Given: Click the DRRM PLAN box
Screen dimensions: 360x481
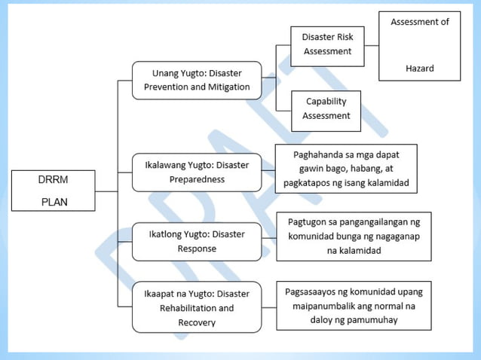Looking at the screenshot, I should point(53,191).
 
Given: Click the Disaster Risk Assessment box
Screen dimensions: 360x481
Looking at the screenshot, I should point(327,44).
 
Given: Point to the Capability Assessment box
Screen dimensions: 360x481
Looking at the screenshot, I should point(326,109).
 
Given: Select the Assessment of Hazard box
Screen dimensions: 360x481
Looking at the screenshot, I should point(419,45).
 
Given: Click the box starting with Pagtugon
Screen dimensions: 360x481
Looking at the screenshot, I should point(354,236).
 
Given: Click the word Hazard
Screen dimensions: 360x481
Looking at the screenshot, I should point(419,68).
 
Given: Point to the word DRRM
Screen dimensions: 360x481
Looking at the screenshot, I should point(53,180).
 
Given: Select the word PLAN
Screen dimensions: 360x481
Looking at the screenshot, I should point(53,202).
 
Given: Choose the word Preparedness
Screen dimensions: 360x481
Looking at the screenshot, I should point(197,179).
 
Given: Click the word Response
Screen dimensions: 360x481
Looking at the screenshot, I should point(197,248).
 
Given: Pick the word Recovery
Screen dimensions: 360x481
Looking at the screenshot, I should point(197,322).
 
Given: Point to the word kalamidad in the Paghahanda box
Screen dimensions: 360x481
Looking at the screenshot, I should point(387,183).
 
